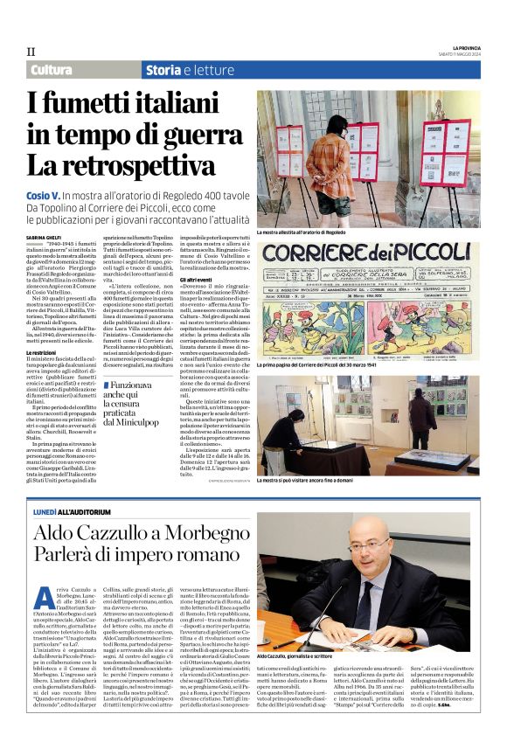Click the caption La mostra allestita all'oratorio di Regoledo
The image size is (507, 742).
point(314,232)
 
